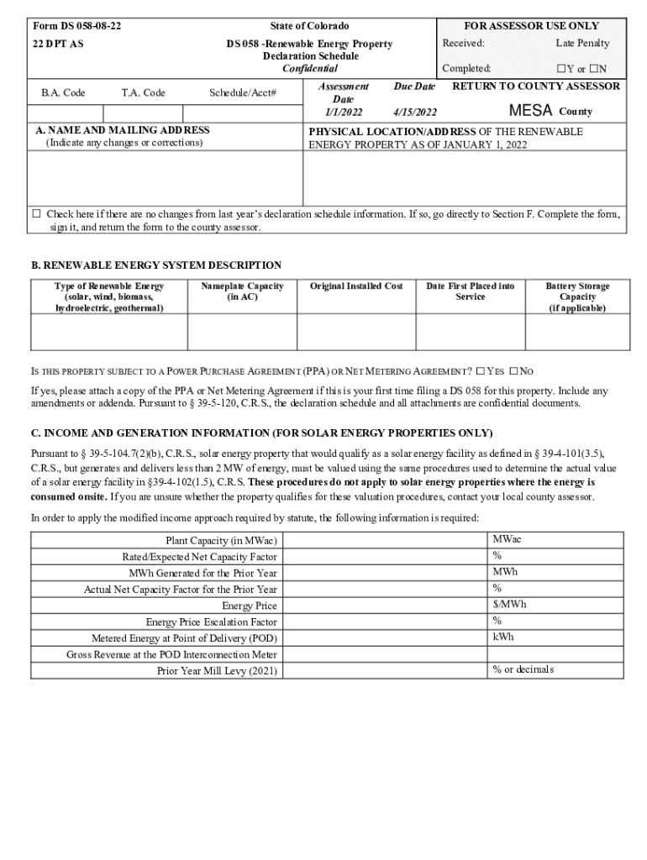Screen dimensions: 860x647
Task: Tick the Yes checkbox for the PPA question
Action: [x=480, y=371]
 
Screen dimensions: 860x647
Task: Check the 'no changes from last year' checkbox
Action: [x=36, y=213]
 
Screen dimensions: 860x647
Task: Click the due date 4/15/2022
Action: [x=414, y=112]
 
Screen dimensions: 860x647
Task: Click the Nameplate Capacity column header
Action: [x=242, y=291]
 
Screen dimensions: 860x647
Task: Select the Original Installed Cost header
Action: [x=356, y=286]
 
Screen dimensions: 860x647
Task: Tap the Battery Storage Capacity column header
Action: [x=577, y=296]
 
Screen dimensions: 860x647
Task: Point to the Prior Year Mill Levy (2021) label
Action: [x=217, y=671]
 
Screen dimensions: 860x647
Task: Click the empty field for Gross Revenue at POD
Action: [x=384, y=654]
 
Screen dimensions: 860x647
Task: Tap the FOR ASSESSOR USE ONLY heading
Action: [x=531, y=26]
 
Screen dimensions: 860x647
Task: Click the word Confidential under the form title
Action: [x=309, y=69]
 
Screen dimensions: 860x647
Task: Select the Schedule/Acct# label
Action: [x=243, y=92]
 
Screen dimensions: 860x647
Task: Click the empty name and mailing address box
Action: [x=166, y=178]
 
